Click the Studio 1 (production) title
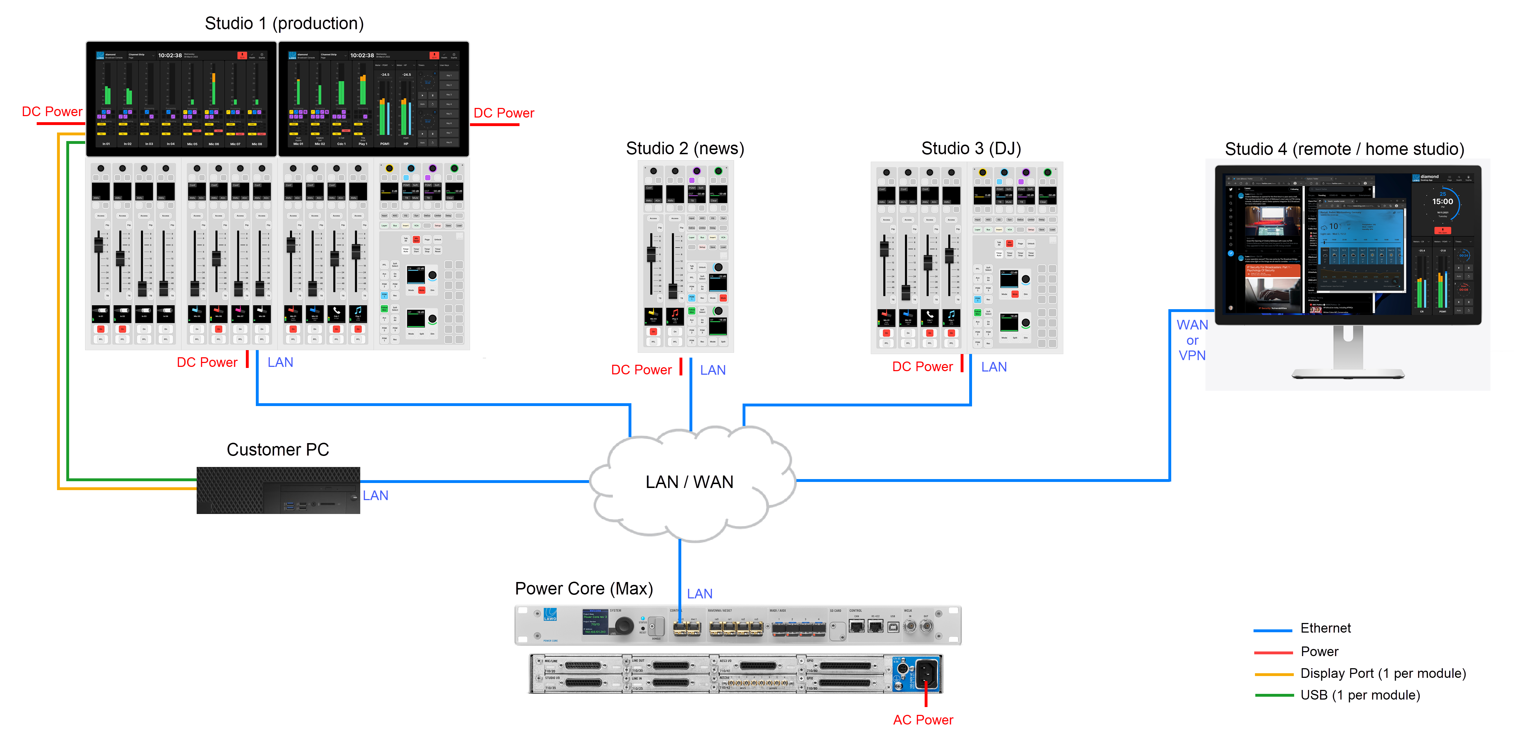pyautogui.click(x=284, y=24)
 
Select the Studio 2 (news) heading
pyautogui.click(x=685, y=149)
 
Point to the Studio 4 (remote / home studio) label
pyautogui.click(x=1344, y=149)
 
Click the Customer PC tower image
pyautogui.click(x=278, y=490)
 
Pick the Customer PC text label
pyautogui.click(x=278, y=450)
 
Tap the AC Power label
pyautogui.click(x=923, y=720)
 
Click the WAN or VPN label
pyautogui.click(x=1192, y=340)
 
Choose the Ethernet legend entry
pyautogui.click(x=1326, y=628)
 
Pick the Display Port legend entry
pyautogui.click(x=1383, y=673)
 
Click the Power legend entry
pyautogui.click(x=1319, y=651)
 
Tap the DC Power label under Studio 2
pyautogui.click(x=641, y=370)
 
